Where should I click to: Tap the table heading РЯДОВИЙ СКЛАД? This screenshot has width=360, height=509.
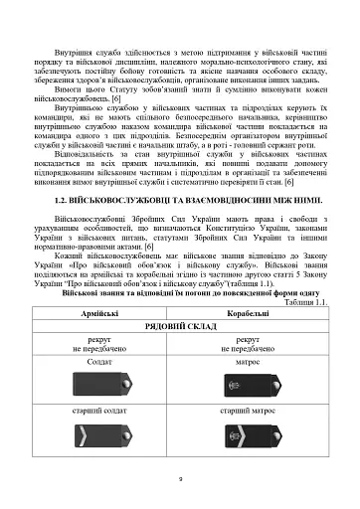(x=178, y=326)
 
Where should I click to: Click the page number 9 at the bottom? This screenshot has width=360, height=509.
(x=179, y=478)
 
